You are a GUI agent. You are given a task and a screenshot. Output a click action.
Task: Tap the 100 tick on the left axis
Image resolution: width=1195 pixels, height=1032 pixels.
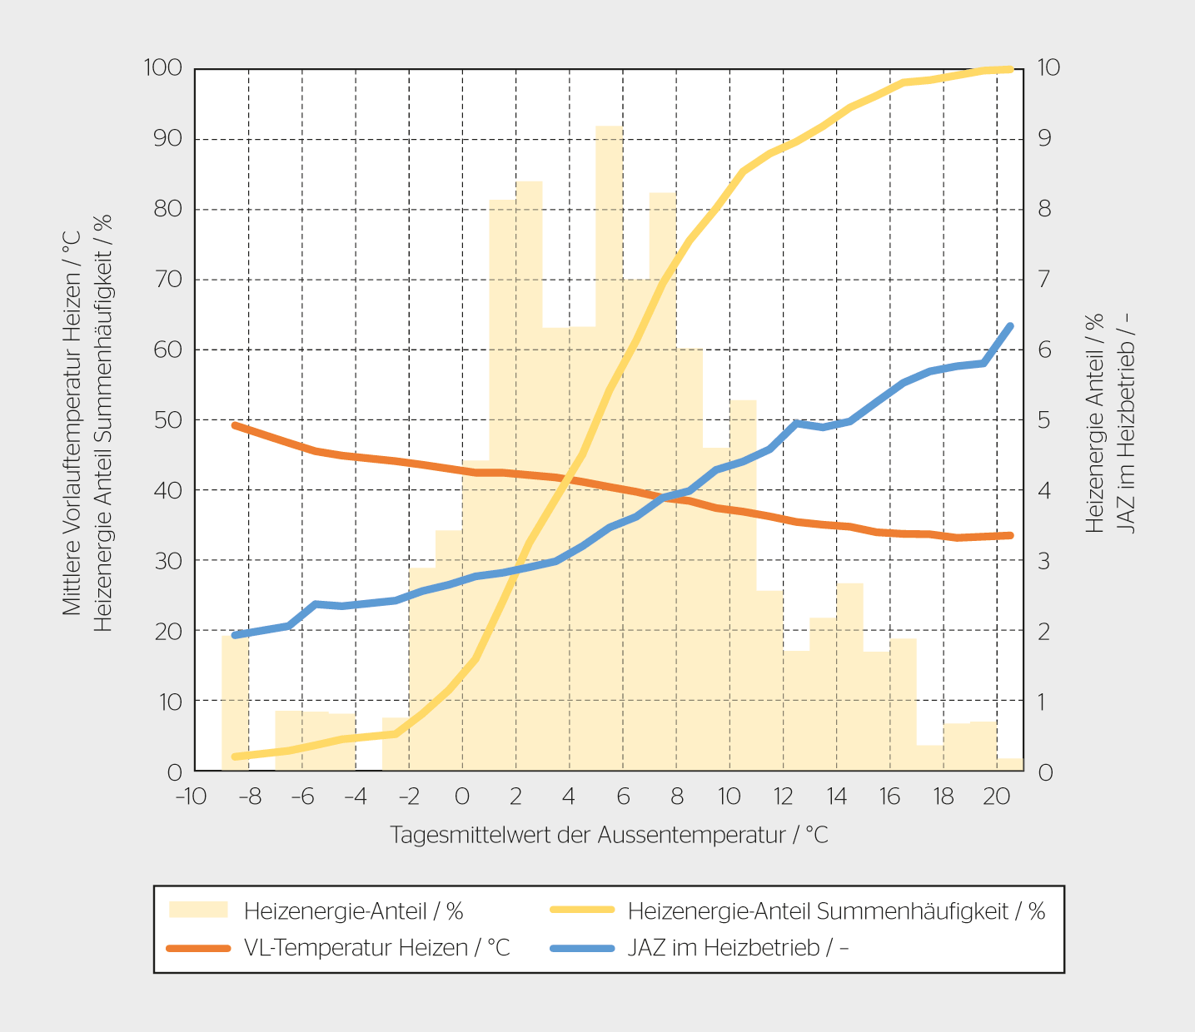163,67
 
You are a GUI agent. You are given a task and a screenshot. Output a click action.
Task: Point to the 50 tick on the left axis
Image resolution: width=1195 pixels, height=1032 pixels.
168,419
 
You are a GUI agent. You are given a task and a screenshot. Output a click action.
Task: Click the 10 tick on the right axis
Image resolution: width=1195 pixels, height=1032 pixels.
1048,67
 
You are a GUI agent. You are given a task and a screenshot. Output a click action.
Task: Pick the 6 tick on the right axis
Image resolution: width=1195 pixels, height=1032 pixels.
1044,349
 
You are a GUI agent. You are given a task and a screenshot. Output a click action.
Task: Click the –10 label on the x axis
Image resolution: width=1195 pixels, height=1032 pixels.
190,796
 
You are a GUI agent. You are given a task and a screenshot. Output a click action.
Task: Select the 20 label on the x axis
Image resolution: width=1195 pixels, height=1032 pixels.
996,796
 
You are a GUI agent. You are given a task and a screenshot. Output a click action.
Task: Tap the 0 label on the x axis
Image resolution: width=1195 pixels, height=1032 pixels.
462,796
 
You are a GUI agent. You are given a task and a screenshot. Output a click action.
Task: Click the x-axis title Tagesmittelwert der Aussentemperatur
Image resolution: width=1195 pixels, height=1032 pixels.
609,835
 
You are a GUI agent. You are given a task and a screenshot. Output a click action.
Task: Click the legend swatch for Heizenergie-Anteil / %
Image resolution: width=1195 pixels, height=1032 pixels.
198,910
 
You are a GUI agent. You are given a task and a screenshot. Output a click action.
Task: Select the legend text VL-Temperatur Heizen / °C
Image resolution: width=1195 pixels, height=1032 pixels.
376,947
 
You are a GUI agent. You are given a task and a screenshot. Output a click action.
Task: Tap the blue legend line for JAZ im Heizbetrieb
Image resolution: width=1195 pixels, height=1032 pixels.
582,947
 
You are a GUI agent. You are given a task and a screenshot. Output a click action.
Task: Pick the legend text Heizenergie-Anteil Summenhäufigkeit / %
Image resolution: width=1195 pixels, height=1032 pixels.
836,911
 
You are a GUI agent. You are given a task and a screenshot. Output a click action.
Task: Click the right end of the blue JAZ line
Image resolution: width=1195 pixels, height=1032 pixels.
1010,326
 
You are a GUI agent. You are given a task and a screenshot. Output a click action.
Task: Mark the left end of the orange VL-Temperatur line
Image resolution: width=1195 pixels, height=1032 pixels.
235,425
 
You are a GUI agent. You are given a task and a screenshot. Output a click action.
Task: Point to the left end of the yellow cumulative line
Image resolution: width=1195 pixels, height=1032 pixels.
235,757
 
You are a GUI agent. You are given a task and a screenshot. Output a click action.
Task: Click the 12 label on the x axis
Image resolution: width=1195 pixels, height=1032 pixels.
783,796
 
